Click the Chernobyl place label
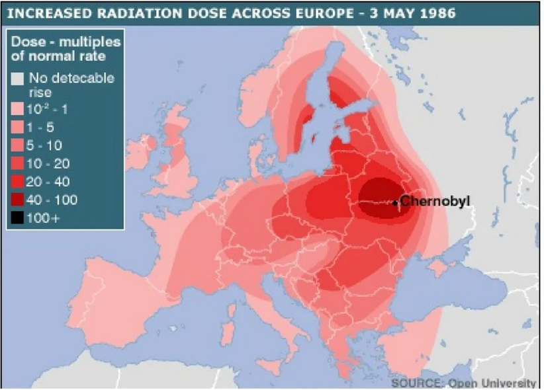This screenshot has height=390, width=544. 435,200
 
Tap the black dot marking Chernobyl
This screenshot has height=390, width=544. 395,203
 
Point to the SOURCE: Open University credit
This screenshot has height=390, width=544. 463,383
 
